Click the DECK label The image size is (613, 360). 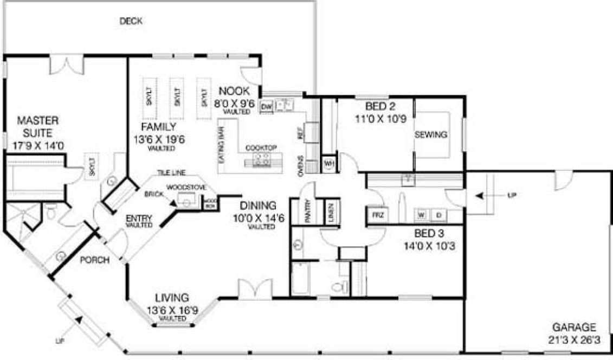tap(131, 21)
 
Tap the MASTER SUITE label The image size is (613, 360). tap(37, 126)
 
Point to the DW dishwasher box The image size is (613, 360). tap(266, 106)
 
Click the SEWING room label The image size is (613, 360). tap(431, 135)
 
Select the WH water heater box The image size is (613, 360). tap(329, 163)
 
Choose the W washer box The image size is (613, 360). tap(421, 215)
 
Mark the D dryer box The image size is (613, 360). tap(438, 215)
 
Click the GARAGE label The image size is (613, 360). tap(574, 327)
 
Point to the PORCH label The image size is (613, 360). tap(95, 260)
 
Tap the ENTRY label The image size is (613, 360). tap(139, 218)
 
